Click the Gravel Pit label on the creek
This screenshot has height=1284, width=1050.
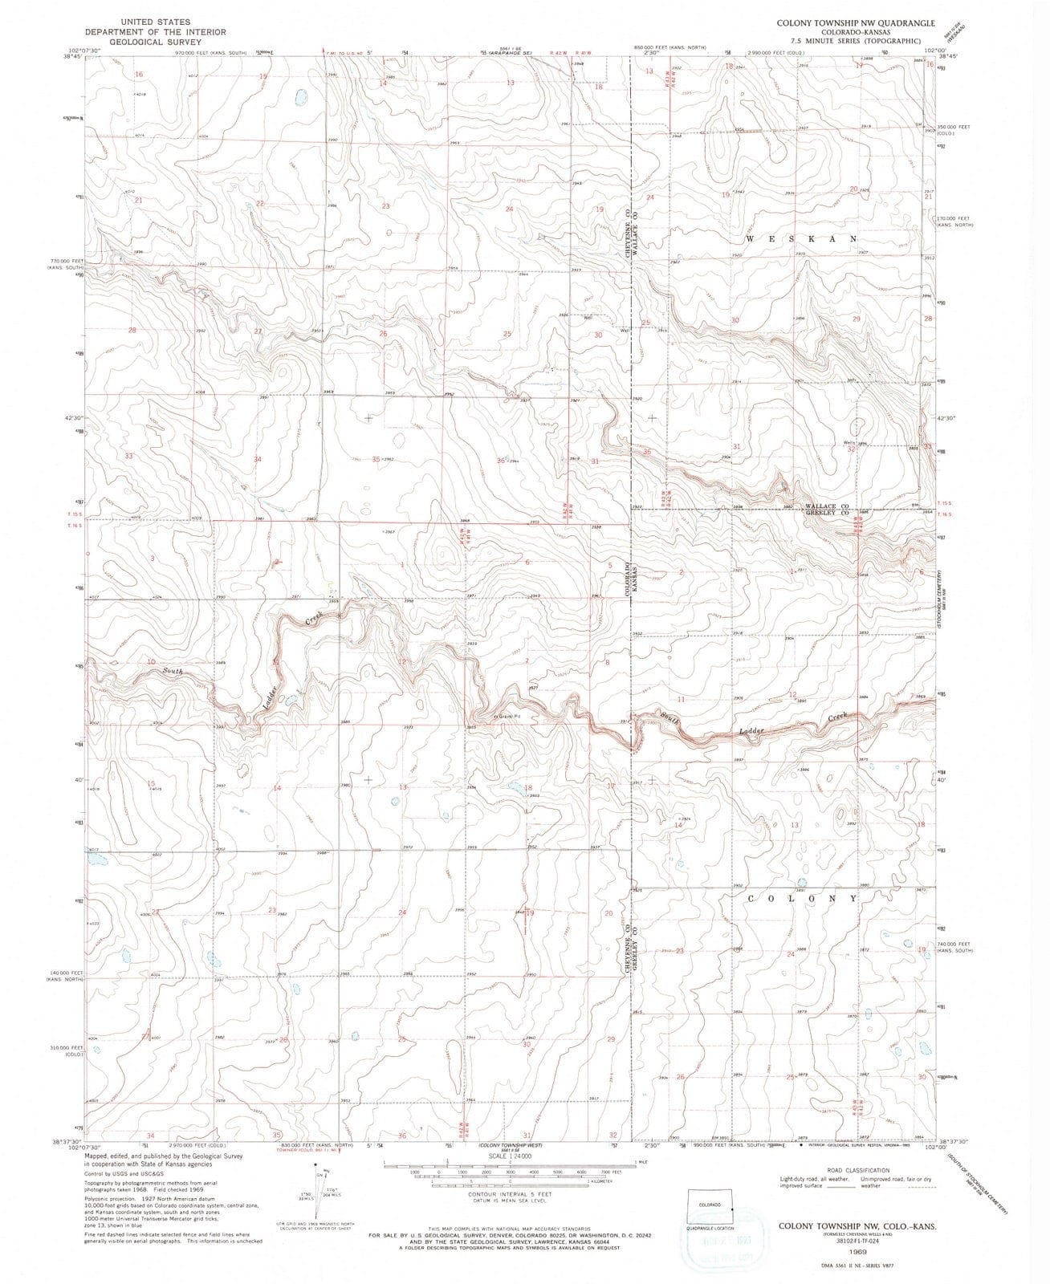tap(507, 717)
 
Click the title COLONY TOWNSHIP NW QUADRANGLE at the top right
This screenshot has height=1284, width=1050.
tap(854, 23)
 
